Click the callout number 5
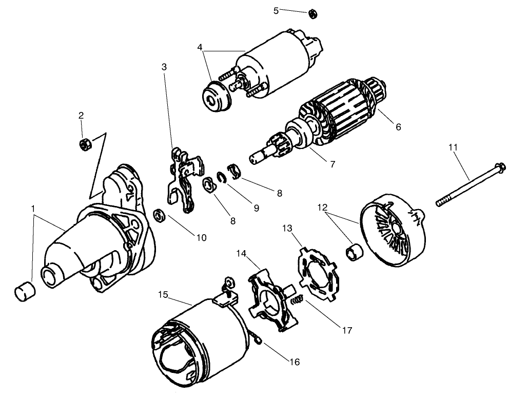276,10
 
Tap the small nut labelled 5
312,13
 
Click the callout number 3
164,67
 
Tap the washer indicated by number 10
159,215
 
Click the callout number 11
452,147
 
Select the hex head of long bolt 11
500,166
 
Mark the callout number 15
163,295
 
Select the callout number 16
294,362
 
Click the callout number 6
398,126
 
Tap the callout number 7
332,164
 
